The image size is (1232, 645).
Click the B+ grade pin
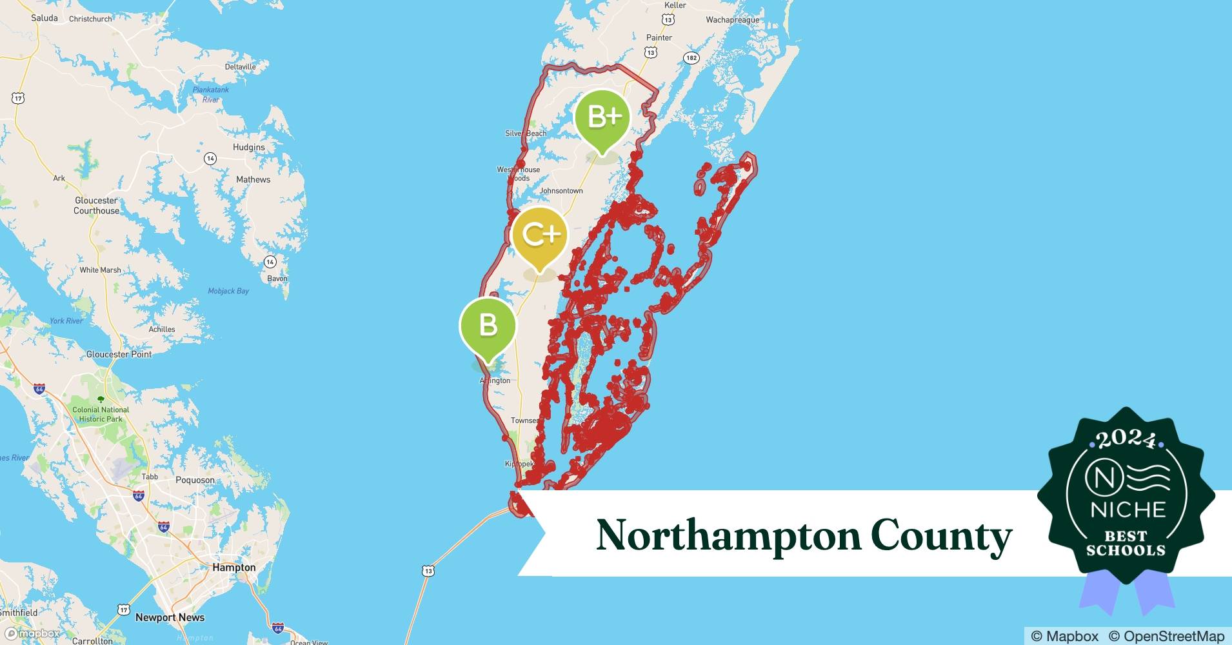pos(602,118)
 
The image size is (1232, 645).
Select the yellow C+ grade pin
pos(540,235)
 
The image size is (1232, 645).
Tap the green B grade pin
pos(488,325)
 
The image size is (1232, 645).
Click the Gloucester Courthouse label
pos(96,206)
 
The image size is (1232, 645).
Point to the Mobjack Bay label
pos(228,292)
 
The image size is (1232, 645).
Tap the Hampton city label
pos(234,568)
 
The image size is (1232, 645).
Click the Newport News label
pos(170,617)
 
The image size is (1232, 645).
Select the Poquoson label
pos(195,480)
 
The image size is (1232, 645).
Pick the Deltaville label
pos(241,67)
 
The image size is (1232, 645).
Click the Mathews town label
pos(253,179)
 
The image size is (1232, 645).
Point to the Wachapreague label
pos(732,20)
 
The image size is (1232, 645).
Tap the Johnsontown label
pos(561,191)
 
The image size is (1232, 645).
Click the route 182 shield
pos(691,58)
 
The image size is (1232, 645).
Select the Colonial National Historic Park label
pos(101,414)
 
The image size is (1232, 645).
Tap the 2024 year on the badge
pos(1126,440)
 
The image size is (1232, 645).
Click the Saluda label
pos(45,18)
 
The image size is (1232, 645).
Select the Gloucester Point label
pos(119,354)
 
